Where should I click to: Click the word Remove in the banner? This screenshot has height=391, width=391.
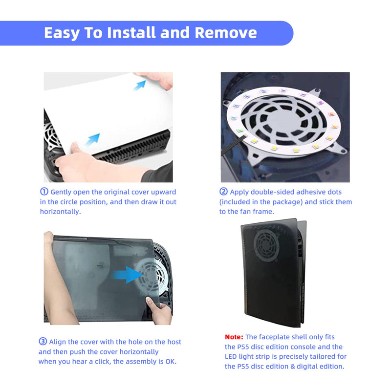click(226, 33)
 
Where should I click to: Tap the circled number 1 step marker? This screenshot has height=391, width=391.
click(44, 192)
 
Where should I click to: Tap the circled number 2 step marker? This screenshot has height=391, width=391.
click(223, 192)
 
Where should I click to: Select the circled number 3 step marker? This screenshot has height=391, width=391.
click(43, 341)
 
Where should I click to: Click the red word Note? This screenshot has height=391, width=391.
click(234, 337)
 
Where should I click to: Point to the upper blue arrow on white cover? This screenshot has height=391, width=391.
click(140, 85)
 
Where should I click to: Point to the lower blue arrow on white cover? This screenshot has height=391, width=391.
click(92, 139)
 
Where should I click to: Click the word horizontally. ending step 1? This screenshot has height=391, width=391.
click(60, 212)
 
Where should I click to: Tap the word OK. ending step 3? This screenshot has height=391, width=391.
click(171, 361)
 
